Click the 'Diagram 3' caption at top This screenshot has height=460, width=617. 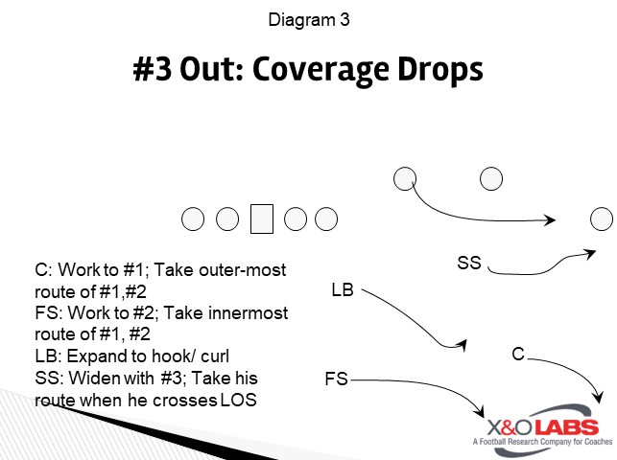coord(308,19)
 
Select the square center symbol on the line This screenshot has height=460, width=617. coord(262,218)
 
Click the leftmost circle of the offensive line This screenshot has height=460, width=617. coord(194,219)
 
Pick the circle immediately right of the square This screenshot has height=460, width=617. coord(296,219)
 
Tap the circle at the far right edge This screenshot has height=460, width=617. coord(602,218)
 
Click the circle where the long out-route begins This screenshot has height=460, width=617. coord(405,178)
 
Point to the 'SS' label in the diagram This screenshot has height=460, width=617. coord(468,263)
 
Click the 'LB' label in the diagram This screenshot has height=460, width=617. coord(343,288)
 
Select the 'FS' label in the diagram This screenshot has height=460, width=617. coord(336,380)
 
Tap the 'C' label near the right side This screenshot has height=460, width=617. coord(517,356)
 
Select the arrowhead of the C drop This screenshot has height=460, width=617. coord(602,396)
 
